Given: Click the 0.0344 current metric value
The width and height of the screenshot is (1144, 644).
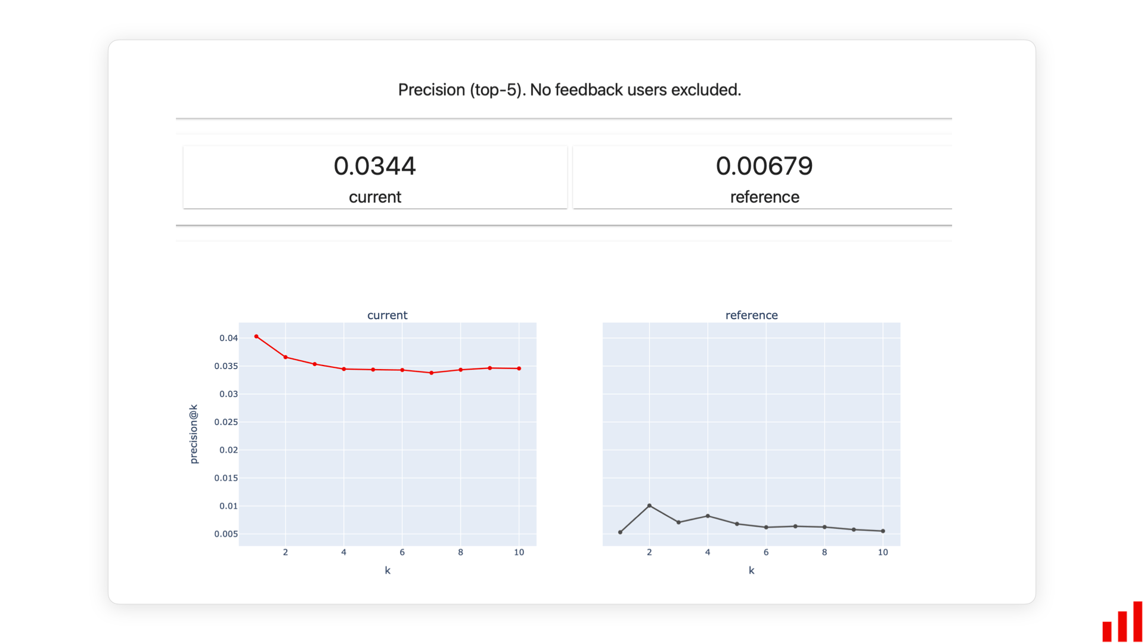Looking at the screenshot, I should pos(374,166).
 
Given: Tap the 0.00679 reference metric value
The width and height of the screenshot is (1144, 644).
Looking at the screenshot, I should pos(764,166).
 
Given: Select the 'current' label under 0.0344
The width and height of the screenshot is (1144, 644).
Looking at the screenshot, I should pos(374,197).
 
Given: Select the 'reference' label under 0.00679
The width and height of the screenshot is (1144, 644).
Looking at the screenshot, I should pos(764,197).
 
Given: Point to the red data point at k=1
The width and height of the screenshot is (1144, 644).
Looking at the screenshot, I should pos(256,336).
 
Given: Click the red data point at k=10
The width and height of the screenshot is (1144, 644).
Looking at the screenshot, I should pos(519,369).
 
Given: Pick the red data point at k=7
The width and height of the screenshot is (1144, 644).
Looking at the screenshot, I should pos(432,373).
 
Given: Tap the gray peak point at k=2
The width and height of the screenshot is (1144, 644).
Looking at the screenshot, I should pos(649,506).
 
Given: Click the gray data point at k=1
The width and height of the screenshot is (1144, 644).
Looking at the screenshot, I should pos(620,532).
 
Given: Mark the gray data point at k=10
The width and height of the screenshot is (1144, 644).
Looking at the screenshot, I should pos(883,531).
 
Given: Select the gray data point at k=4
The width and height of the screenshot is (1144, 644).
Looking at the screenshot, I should pos(708,516).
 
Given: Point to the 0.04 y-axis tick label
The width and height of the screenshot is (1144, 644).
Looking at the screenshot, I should pos(228,338).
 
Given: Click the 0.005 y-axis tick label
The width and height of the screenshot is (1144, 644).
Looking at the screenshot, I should pos(226,534).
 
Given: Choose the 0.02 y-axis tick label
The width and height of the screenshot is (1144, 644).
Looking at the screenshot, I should pos(228,450).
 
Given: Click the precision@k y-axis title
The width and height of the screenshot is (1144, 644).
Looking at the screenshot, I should pos(193,434).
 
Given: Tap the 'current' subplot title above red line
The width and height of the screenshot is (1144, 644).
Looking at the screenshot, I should pos(387,315).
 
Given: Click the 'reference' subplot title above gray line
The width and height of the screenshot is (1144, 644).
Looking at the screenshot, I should pos(751,315).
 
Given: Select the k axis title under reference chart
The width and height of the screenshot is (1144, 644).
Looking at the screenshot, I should pos(751,571).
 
